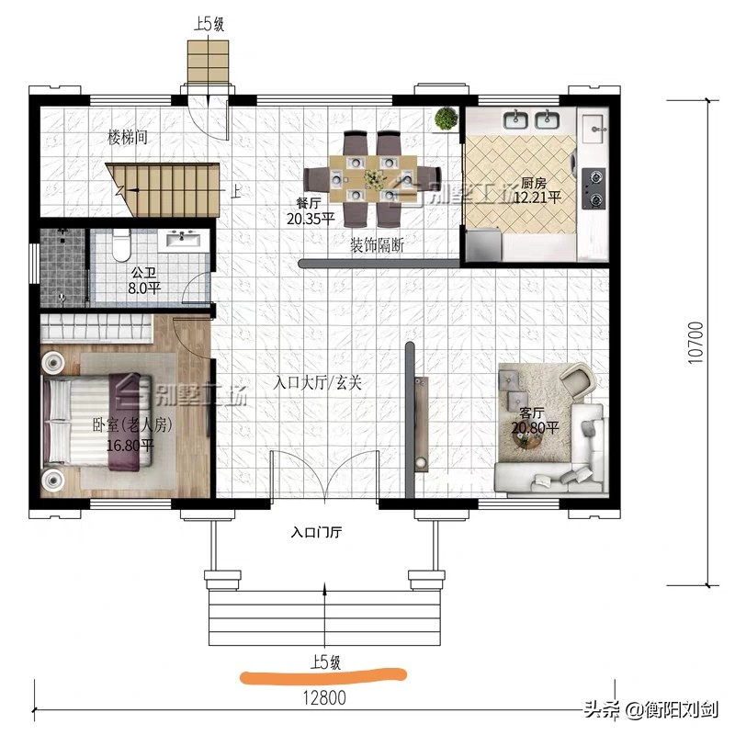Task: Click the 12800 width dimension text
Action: (321, 697)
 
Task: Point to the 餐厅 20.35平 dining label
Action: (309, 212)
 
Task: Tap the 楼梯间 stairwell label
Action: (128, 138)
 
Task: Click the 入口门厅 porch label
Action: (318, 531)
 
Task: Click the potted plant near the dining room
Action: (447, 119)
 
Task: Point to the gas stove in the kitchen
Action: (594, 187)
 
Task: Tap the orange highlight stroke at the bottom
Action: (322, 677)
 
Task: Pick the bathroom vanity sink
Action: (185, 241)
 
